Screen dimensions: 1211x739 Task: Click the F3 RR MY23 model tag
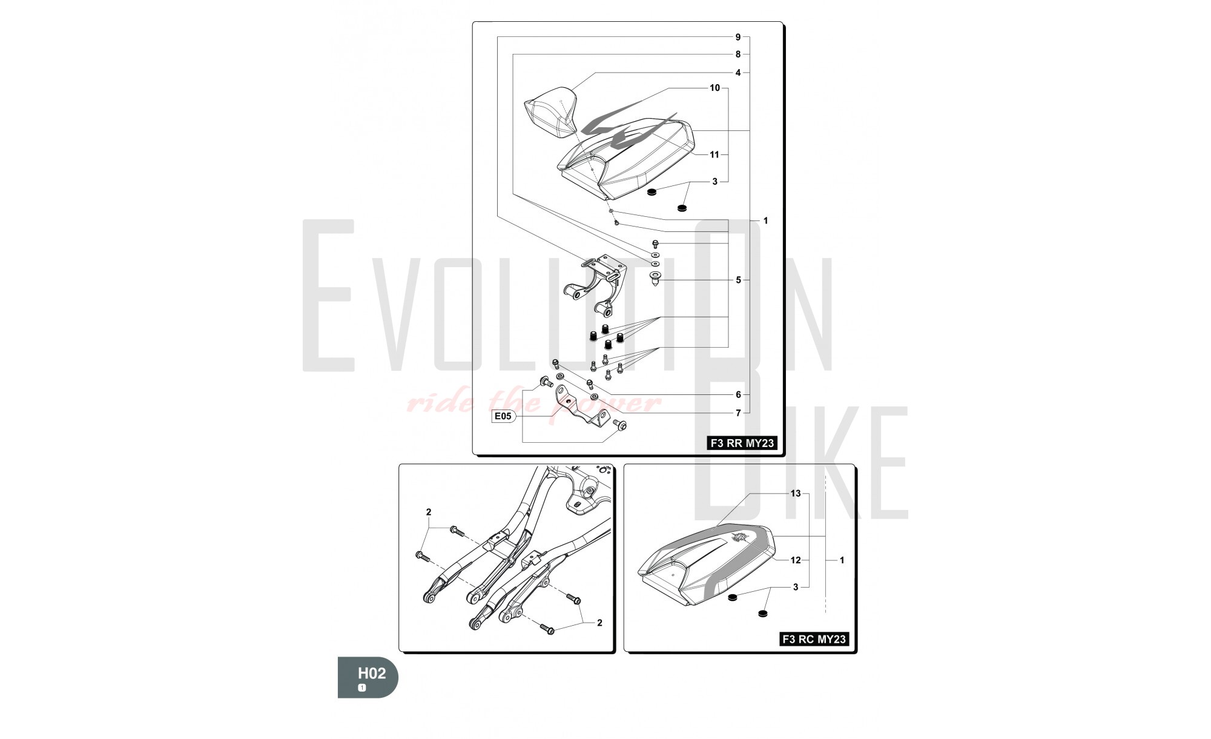pyautogui.click(x=742, y=443)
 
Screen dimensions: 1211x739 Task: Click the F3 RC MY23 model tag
pyautogui.click(x=814, y=639)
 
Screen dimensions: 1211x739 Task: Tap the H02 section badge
pyautogui.click(x=368, y=677)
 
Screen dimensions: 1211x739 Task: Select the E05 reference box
pyautogui.click(x=503, y=416)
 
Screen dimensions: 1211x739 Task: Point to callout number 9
pyautogui.click(x=738, y=37)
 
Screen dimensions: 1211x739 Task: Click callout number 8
pyautogui.click(x=738, y=55)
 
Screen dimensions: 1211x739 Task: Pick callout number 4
pyautogui.click(x=738, y=73)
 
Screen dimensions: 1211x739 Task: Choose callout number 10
pyautogui.click(x=714, y=88)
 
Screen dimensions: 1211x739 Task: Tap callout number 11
pyautogui.click(x=714, y=154)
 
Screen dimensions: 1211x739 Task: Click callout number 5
pyautogui.click(x=738, y=280)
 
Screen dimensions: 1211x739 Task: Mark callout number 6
pyautogui.click(x=738, y=394)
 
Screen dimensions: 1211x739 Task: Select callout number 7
pyautogui.click(x=738, y=413)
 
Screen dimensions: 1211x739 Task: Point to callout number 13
pyautogui.click(x=796, y=494)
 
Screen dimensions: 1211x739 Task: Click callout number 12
pyautogui.click(x=796, y=560)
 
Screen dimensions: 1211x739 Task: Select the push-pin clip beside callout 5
pyautogui.click(x=656, y=279)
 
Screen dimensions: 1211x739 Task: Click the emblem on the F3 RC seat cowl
pyautogui.click(x=739, y=537)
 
